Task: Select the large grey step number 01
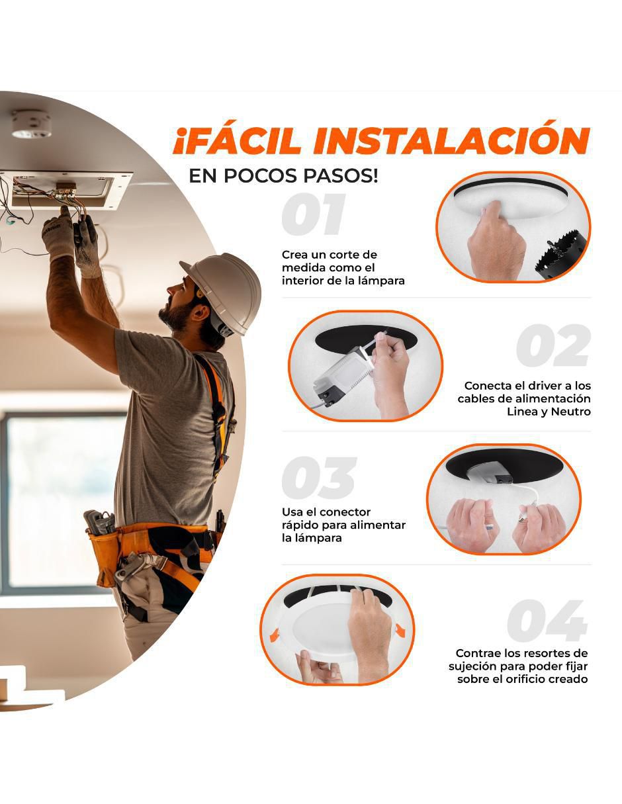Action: click(314, 214)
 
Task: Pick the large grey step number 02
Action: click(553, 345)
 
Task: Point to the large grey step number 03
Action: click(319, 478)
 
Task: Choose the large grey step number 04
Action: click(547, 621)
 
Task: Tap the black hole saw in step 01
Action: click(560, 255)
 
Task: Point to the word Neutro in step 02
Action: click(570, 412)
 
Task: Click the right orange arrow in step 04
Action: click(400, 627)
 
